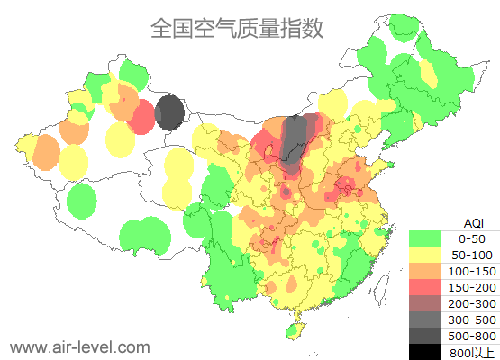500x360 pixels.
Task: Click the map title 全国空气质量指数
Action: click(237, 29)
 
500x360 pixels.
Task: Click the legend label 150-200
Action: click(472, 286)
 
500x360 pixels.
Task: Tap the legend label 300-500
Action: click(472, 319)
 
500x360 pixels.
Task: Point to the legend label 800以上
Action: click(472, 351)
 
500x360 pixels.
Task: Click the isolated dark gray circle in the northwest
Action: click(169, 114)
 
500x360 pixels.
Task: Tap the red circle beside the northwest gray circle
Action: click(141, 118)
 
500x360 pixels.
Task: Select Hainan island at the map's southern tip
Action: click(295, 331)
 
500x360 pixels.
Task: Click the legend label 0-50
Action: click(472, 238)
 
